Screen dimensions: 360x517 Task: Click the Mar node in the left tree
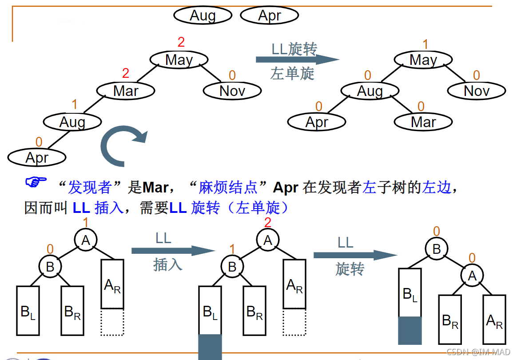pos(126,91)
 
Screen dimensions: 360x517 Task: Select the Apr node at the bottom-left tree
pos(37,157)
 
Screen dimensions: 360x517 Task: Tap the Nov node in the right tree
pos(476,91)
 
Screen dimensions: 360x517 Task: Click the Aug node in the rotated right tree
pos(370,91)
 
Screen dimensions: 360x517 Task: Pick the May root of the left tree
pos(179,60)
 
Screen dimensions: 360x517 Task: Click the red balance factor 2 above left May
pos(181,43)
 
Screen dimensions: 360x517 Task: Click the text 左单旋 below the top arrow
pos(292,73)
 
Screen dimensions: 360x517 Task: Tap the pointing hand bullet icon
pos(36,182)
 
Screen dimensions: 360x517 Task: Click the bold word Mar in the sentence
pos(155,188)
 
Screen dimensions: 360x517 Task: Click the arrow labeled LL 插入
pos(173,251)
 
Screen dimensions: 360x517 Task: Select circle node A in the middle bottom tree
pos(267,240)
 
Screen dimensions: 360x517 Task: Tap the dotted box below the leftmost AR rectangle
pos(112,322)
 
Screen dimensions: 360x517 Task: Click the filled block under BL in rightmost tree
pos(410,330)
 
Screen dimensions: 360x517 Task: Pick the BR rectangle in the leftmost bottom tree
pos(72,311)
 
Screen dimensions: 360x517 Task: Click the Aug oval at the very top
pos(203,16)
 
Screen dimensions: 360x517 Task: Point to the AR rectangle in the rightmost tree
pos(494,319)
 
